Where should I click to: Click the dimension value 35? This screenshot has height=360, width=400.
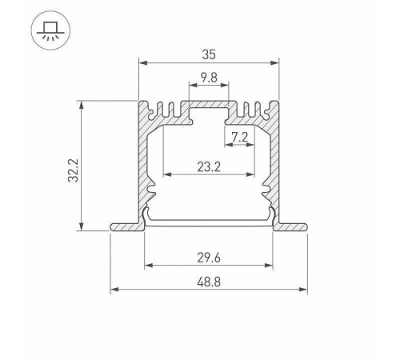[209, 55]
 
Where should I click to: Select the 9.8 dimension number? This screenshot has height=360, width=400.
[209, 78]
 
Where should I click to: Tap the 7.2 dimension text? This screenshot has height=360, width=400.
[238, 137]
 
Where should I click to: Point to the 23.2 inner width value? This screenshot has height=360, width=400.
[209, 166]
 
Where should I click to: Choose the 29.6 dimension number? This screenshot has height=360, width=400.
[209, 257]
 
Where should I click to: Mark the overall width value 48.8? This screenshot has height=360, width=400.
[209, 280]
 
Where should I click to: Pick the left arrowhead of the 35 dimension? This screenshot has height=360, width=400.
[142, 62]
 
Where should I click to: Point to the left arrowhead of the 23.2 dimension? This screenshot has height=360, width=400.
[166, 174]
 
